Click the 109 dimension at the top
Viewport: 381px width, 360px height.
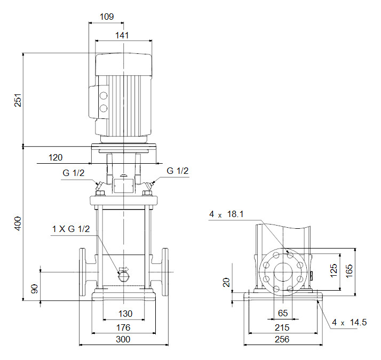pyautogui.click(x=107, y=17)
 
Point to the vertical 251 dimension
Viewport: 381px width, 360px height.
pyautogui.click(x=17, y=100)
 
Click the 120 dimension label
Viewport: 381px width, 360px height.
pyautogui.click(x=55, y=157)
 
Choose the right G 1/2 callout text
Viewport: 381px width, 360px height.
pyautogui.click(x=178, y=171)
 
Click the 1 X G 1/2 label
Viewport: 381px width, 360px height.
pyautogui.click(x=71, y=229)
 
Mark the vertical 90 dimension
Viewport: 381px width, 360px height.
pyautogui.click(x=35, y=289)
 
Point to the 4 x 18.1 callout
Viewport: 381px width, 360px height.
pyautogui.click(x=226, y=214)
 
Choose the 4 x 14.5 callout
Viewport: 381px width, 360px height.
pyautogui.click(x=350, y=322)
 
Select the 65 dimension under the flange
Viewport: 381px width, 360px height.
pyautogui.click(x=283, y=314)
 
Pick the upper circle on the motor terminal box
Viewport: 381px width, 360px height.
pyautogui.click(x=104, y=97)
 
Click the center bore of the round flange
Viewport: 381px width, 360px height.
pyautogui.click(x=283, y=272)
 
